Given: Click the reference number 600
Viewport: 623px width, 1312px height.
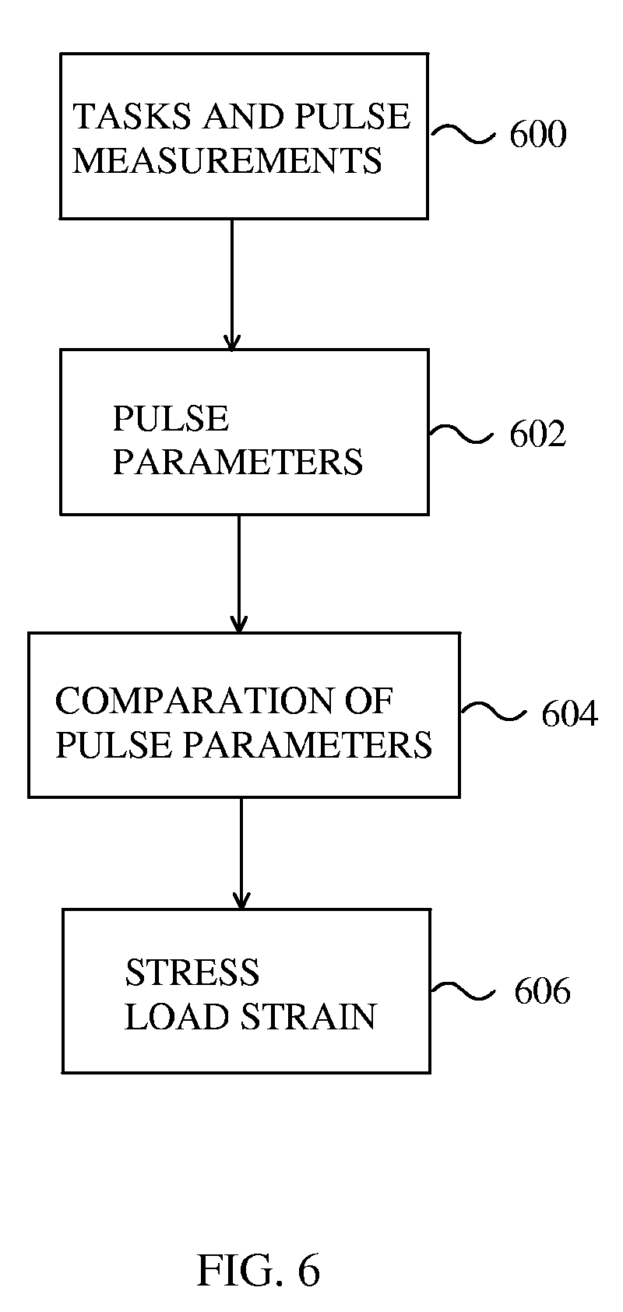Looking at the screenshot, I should click(x=537, y=135).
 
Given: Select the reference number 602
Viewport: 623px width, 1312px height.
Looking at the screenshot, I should click(x=537, y=434).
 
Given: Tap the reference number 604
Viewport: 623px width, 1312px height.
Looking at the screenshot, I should click(x=569, y=714).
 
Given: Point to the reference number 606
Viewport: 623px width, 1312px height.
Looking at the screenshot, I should click(x=542, y=991).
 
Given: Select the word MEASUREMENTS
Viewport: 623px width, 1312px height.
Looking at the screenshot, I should click(x=227, y=160).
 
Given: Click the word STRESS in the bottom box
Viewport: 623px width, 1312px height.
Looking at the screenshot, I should click(x=192, y=973).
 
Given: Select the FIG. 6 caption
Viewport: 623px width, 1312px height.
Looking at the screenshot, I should click(x=258, y=1270).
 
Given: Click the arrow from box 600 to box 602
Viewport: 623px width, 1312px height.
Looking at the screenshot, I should click(x=231, y=284).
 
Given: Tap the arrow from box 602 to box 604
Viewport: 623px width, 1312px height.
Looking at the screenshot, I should click(x=239, y=573).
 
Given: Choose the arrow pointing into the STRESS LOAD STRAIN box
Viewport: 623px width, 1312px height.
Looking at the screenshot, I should click(x=241, y=853).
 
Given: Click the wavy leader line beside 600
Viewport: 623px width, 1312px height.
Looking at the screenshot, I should click(x=463, y=135).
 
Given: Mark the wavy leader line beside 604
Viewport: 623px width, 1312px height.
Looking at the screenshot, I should click(x=494, y=712).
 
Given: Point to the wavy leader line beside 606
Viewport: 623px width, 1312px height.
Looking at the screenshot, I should click(x=463, y=990).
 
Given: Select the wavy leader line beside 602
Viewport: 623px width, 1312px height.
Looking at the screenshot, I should click(x=461, y=434).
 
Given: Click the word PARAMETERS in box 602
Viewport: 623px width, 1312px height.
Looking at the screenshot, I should click(x=238, y=463).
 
